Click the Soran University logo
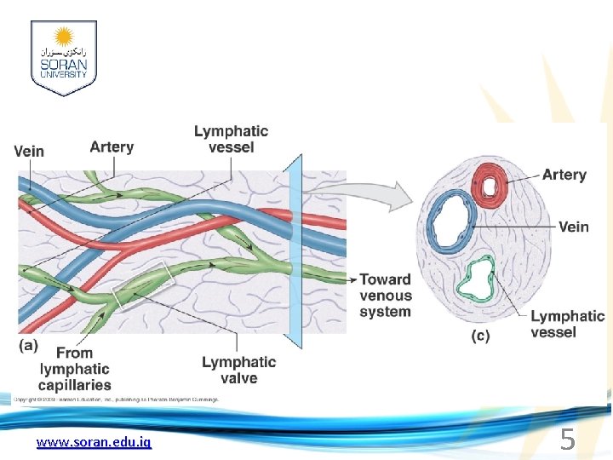coord(63,58)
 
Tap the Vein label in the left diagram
coord(29,152)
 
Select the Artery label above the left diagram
coord(112,147)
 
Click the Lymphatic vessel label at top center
coord(231,139)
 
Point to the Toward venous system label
coord(385,296)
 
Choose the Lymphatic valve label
coord(238,370)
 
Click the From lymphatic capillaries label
coord(75,369)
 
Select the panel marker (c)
coord(480,336)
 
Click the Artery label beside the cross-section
coord(564,175)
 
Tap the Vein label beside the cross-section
coord(573,227)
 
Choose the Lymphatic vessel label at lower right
coord(567,324)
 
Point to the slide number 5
coord(567,440)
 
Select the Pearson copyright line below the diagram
coord(117,399)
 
